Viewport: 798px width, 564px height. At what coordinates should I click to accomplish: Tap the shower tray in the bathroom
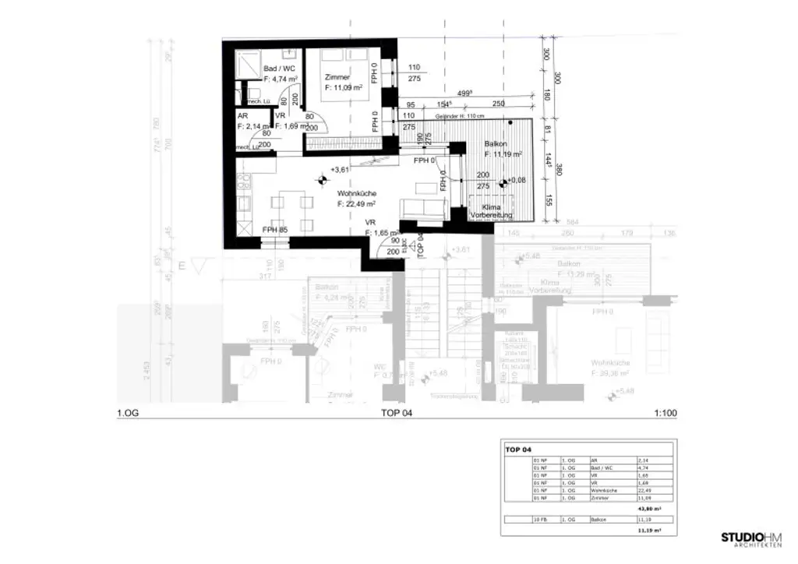click(249, 63)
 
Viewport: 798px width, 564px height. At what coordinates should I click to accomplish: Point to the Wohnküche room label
click(358, 193)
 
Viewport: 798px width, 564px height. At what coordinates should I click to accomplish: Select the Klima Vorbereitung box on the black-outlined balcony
click(491, 211)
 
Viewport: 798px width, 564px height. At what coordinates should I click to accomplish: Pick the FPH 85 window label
click(274, 230)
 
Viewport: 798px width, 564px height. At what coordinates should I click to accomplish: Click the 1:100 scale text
click(666, 414)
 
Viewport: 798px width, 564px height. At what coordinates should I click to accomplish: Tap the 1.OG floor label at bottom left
click(127, 414)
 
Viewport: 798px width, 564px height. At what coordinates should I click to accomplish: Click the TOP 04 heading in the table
click(518, 449)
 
